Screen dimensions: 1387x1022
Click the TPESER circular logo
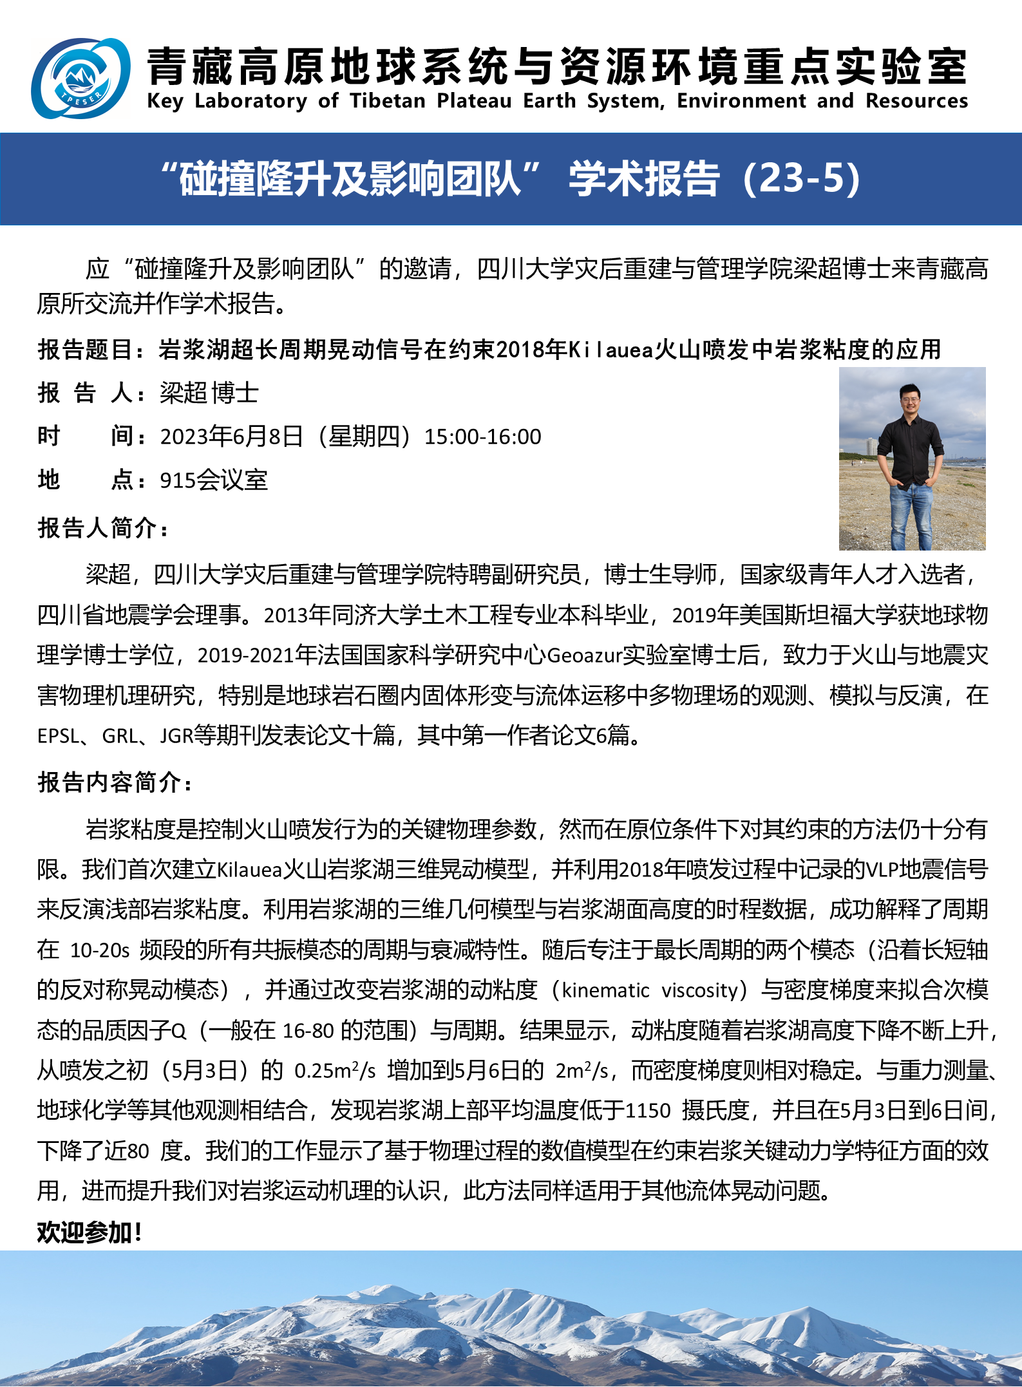[x=80, y=79]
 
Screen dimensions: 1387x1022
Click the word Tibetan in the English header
[x=388, y=101]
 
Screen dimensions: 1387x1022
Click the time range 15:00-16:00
[x=482, y=437]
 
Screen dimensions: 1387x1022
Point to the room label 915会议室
[x=213, y=480]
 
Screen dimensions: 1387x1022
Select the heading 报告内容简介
[x=114, y=782]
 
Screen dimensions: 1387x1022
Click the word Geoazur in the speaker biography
[x=584, y=656]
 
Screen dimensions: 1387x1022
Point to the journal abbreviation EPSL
[x=58, y=735]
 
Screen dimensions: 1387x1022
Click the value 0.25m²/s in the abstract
[x=335, y=1070]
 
